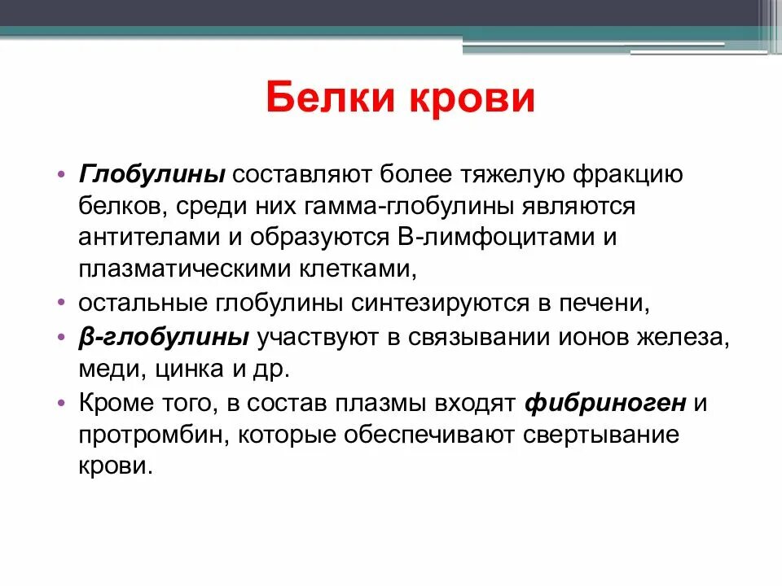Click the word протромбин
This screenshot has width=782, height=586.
pyautogui.click(x=152, y=434)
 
